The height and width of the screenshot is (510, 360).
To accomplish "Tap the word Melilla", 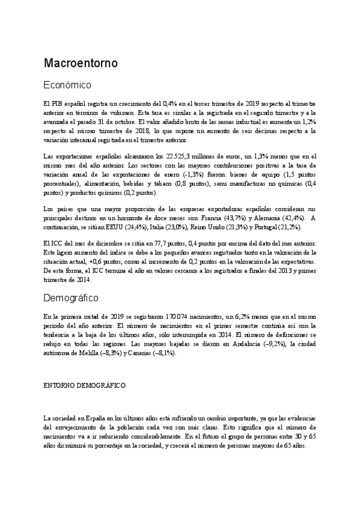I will tap(84, 353).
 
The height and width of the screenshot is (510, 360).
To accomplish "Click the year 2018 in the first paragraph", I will tap(156, 130).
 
